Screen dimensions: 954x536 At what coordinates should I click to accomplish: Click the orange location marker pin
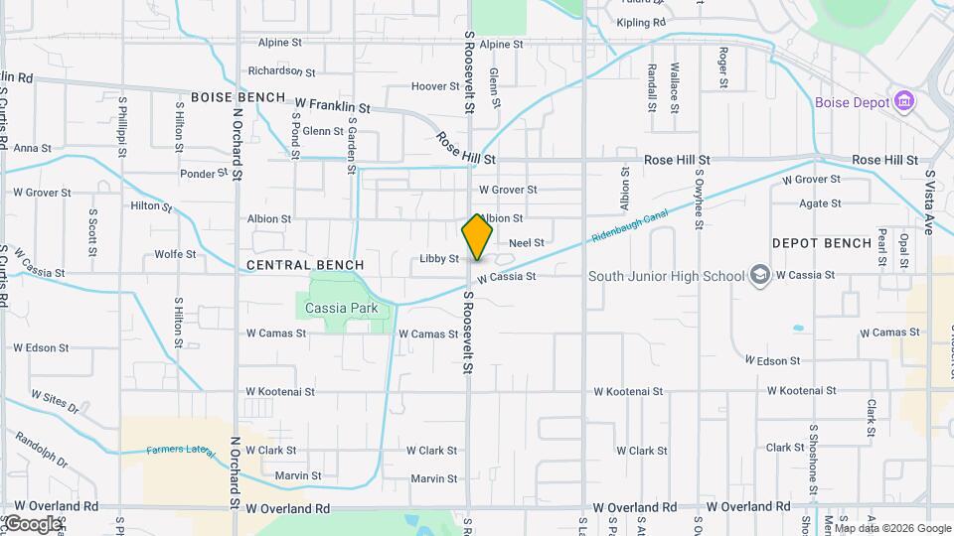click(x=477, y=237)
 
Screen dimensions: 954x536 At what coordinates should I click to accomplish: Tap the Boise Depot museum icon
click(x=903, y=102)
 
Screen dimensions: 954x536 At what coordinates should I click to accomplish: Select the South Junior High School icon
click(x=760, y=275)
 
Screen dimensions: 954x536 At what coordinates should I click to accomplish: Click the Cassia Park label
click(x=342, y=308)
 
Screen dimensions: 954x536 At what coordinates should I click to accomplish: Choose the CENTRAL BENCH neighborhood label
click(x=304, y=265)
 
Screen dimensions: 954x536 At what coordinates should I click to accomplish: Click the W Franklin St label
click(x=332, y=105)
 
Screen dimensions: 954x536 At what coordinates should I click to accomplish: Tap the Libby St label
click(x=439, y=259)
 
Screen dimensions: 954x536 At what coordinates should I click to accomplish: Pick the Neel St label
click(x=527, y=242)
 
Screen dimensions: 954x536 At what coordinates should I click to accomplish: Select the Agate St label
click(x=821, y=203)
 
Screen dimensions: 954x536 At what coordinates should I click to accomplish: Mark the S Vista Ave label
click(x=929, y=202)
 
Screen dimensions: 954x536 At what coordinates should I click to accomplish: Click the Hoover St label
click(x=435, y=86)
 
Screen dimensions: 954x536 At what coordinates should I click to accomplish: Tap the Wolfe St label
click(x=175, y=254)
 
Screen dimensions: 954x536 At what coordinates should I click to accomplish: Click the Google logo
click(x=32, y=524)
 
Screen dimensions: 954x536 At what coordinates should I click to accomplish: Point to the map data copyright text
click(x=892, y=528)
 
